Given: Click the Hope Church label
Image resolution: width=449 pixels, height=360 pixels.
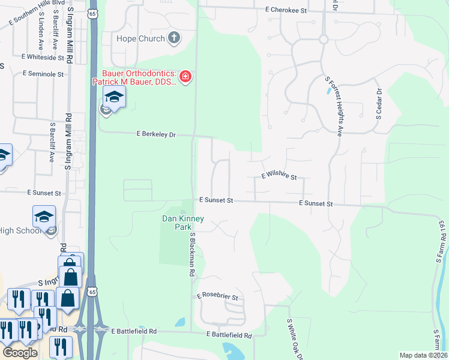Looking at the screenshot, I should (140, 39).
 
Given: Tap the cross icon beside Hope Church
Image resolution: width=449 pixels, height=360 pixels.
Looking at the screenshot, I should (173, 39).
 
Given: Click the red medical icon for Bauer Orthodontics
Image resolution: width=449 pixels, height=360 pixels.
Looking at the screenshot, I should (185, 77).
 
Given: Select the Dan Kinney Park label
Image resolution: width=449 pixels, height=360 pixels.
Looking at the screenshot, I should (184, 223).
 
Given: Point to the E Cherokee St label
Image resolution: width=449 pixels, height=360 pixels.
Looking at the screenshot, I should (286, 11).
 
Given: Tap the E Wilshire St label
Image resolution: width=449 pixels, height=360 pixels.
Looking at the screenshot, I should (279, 176).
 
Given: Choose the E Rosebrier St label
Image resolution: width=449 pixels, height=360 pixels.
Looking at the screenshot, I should (217, 297).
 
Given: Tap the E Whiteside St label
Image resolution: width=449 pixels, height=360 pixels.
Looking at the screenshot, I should (42, 57).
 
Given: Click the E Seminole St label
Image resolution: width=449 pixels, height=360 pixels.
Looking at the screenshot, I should (43, 74).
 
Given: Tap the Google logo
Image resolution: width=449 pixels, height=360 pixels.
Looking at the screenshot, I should (20, 353).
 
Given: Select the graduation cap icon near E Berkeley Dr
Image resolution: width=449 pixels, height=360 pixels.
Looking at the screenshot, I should (113, 96).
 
